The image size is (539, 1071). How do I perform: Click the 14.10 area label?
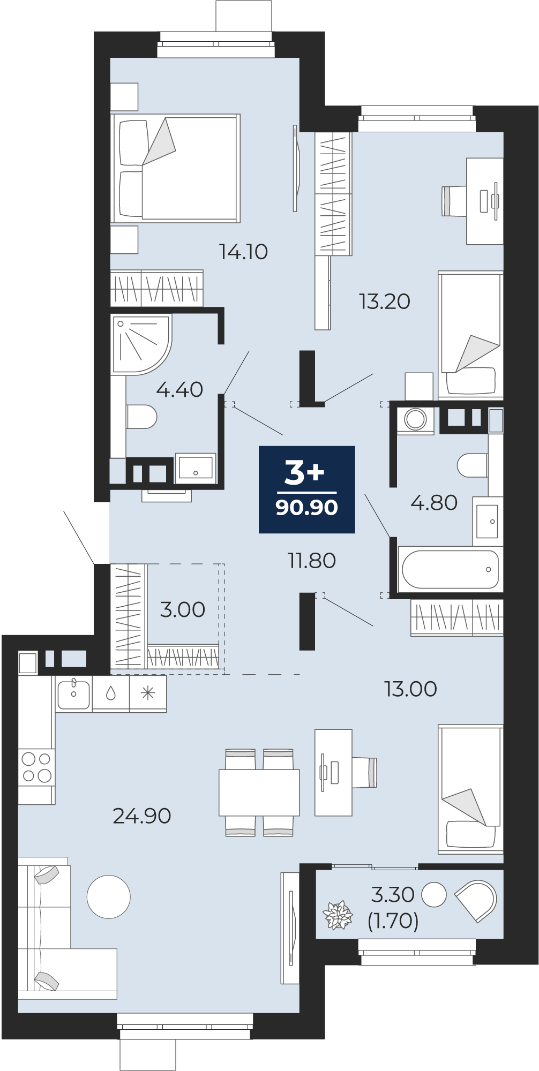pos(243,252)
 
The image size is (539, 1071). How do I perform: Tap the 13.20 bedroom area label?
pos(385,301)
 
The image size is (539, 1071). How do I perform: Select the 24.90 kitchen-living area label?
pos(142,816)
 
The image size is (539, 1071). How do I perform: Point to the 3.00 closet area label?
pos(183,609)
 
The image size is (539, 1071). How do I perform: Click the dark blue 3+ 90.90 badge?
pos(307,489)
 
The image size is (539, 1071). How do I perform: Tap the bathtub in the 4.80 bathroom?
pos(450,569)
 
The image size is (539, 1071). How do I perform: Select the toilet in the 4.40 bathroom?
pos(141,417)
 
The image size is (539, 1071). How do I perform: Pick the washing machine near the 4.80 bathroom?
pos(415,419)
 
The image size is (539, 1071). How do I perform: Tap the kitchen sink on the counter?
pos(73,693)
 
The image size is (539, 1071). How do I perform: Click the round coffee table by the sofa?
pos(109,896)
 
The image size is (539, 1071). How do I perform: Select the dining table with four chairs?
pos(259,793)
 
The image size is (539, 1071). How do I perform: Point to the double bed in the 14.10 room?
pos(175,168)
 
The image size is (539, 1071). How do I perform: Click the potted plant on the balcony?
pos(338,915)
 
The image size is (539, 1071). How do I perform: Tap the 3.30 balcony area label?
pos(393,894)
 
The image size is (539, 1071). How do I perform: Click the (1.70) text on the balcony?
pos(393,921)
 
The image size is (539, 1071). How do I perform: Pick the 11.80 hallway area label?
pos(312,561)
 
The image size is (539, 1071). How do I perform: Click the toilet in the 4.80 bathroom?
pos(473,465)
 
